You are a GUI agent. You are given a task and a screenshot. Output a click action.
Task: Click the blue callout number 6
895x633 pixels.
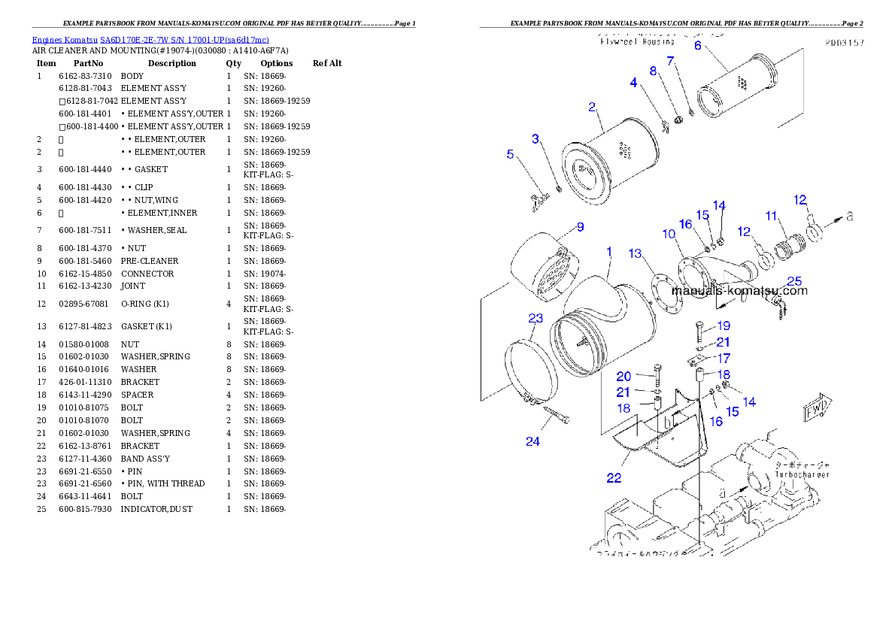[697, 46]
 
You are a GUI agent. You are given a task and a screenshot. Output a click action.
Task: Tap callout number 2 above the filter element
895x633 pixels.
[592, 107]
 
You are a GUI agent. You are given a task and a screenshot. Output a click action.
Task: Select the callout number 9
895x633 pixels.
[580, 227]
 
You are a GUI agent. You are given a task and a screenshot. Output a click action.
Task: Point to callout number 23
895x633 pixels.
[535, 318]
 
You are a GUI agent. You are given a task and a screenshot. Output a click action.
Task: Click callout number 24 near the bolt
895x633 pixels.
[532, 442]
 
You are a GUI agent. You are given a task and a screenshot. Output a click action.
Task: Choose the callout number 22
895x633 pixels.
[614, 478]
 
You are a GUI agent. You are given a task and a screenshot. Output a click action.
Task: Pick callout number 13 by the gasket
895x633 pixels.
[636, 253]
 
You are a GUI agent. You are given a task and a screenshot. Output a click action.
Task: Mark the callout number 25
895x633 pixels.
[794, 282]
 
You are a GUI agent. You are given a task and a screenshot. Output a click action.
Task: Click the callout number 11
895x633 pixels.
[771, 216]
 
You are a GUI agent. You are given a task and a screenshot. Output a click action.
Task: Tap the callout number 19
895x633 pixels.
[723, 326]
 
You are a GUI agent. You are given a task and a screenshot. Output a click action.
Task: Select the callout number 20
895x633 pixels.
[623, 377]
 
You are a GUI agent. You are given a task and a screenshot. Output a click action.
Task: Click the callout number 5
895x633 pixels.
[510, 154]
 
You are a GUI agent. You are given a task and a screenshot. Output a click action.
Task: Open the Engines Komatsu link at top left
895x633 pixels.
[150, 40]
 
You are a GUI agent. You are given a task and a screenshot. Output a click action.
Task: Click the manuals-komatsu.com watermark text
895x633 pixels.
[739, 291]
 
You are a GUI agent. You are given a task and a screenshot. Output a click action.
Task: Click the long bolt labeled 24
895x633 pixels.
[556, 415]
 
